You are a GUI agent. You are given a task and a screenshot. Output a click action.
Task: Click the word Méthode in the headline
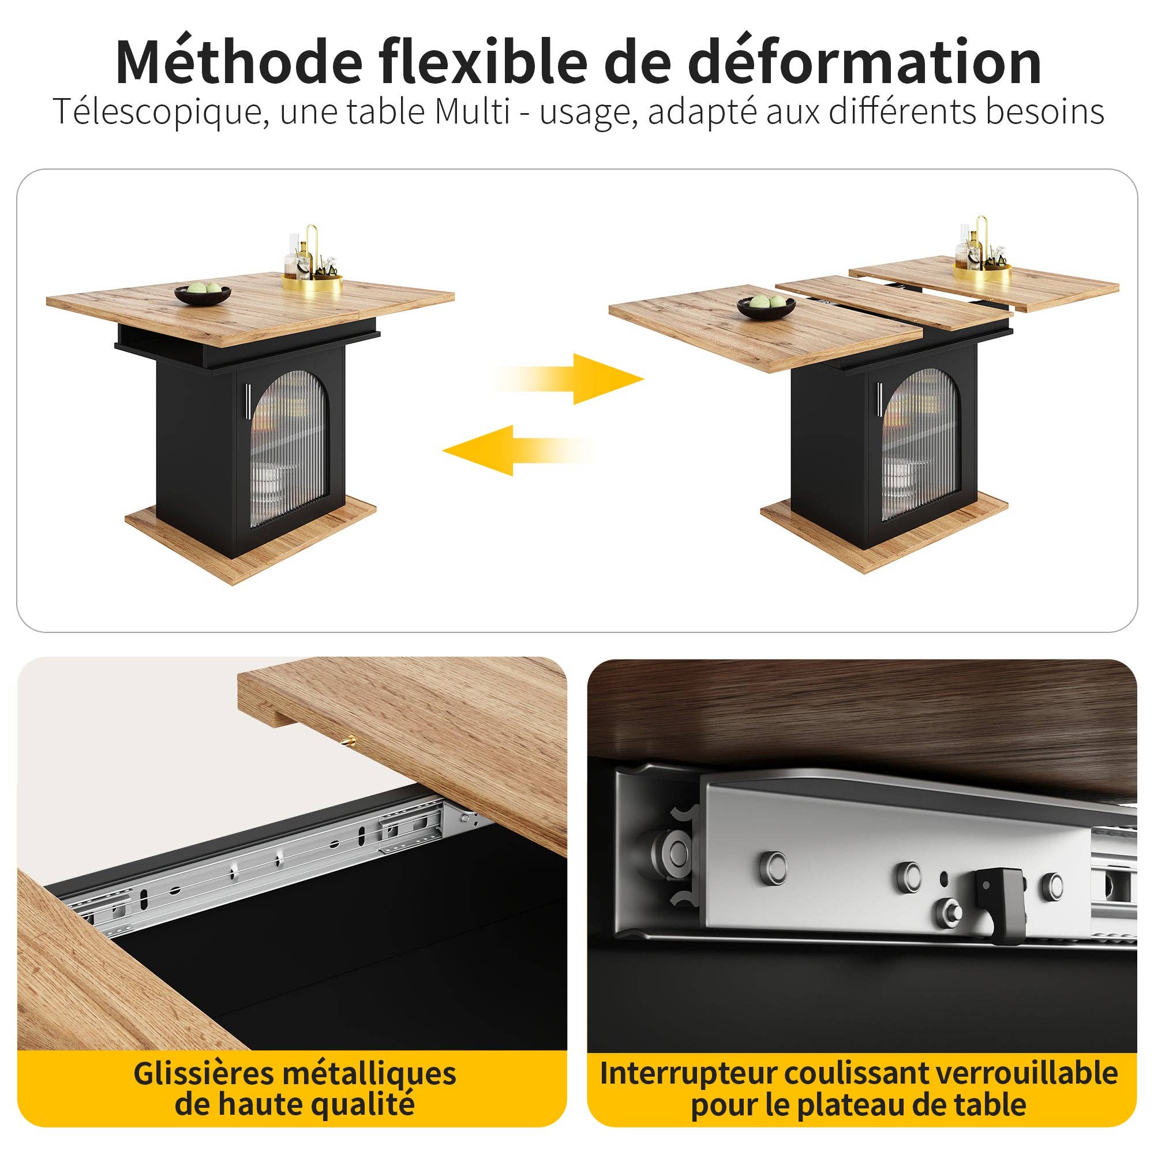pos(239,62)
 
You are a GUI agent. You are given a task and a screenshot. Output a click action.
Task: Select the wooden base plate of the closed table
pos(251,538)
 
